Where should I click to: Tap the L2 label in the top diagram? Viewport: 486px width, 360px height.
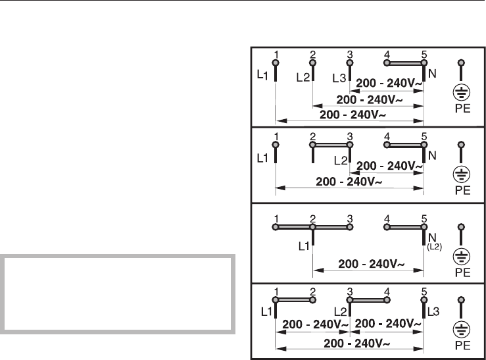[303, 77]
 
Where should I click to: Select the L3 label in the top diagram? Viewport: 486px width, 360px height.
[339, 78]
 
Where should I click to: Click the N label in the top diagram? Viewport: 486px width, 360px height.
[431, 75]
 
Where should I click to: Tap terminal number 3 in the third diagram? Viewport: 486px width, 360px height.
[350, 218]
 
